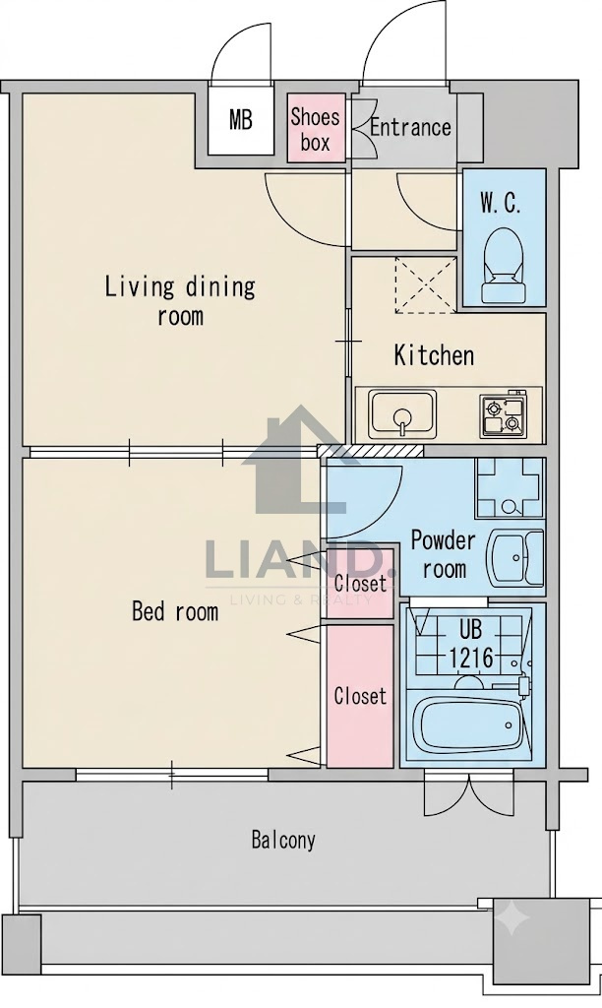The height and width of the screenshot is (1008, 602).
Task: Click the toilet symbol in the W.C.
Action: pyautogui.click(x=505, y=265)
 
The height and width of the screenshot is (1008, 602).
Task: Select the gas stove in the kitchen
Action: pyautogui.click(x=503, y=414)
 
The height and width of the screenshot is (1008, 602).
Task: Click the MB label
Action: pyautogui.click(x=241, y=119)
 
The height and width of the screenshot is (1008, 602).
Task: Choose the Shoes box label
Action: pyautogui.click(x=315, y=129)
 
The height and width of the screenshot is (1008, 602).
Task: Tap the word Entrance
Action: pyautogui.click(x=410, y=127)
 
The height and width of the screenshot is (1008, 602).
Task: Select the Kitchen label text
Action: pyautogui.click(x=434, y=355)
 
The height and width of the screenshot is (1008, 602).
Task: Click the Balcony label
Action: pyautogui.click(x=283, y=840)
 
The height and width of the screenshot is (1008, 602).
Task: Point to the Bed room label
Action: pyautogui.click(x=175, y=610)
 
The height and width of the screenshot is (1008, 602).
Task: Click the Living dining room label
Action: pyautogui.click(x=180, y=300)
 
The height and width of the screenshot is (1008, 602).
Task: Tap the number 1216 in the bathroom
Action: pyautogui.click(x=470, y=658)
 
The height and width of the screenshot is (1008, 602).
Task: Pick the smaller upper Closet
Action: pyautogui.click(x=360, y=584)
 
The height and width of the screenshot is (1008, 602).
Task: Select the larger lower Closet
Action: pyautogui.click(x=360, y=696)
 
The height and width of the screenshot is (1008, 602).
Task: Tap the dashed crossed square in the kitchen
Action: pyautogui.click(x=426, y=284)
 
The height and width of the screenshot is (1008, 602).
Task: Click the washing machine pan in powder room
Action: pyautogui.click(x=510, y=488)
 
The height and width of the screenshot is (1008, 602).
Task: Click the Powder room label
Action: pyautogui.click(x=444, y=554)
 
